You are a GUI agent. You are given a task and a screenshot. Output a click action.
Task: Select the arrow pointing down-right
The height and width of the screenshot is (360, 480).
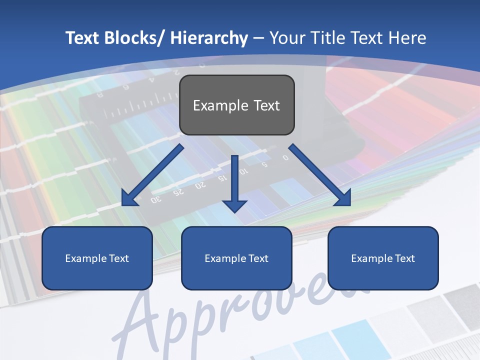tap(320, 175)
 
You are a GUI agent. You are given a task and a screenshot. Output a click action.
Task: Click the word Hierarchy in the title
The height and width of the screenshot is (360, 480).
tap(208, 38)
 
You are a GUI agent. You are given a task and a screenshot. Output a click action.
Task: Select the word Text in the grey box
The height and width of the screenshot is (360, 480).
tap(266, 105)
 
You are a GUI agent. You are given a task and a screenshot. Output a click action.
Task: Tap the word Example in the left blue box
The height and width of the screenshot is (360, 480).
tap(86, 258)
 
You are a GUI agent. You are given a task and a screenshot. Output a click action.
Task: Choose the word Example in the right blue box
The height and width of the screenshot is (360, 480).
tap(372, 258)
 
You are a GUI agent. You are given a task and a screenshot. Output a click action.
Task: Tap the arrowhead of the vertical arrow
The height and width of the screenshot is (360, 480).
tap(235, 205)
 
